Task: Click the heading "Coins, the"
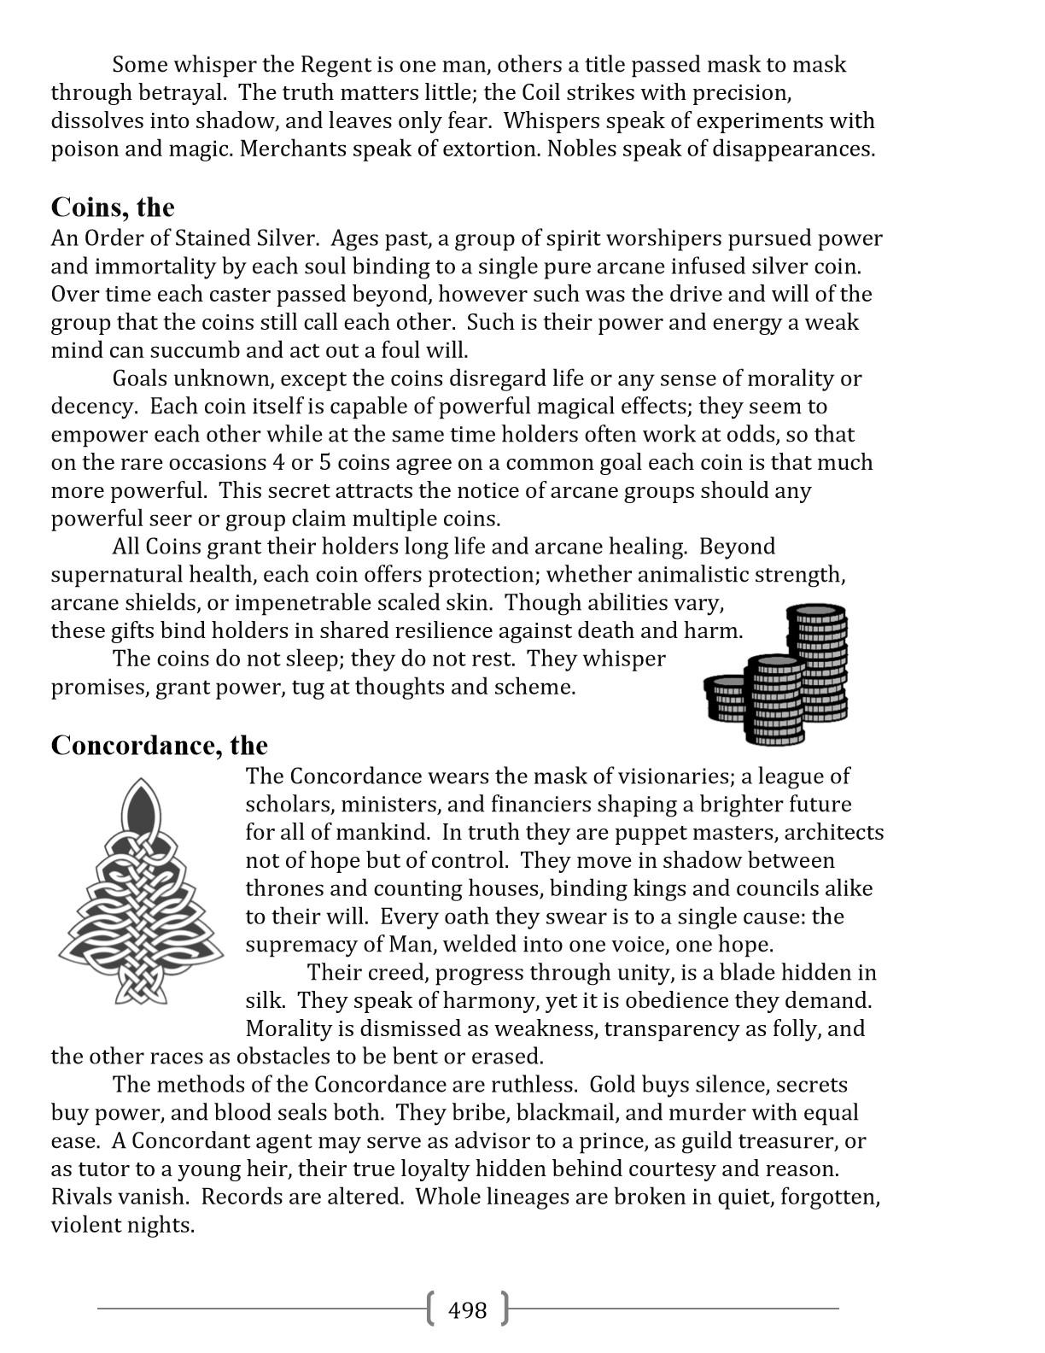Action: tap(113, 208)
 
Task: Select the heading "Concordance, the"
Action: tap(160, 746)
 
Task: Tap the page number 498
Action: tap(467, 1309)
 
